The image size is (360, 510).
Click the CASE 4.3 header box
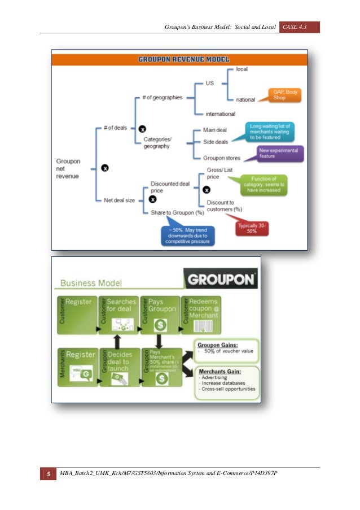[x=299, y=27]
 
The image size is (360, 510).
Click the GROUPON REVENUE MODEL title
[x=179, y=59]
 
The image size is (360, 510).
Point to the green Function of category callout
[x=264, y=185]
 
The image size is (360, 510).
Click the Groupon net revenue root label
[x=68, y=168]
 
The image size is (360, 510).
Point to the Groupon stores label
[x=221, y=158]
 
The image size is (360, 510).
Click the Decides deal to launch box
[x=119, y=367]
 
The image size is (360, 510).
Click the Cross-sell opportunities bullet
[x=227, y=389]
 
